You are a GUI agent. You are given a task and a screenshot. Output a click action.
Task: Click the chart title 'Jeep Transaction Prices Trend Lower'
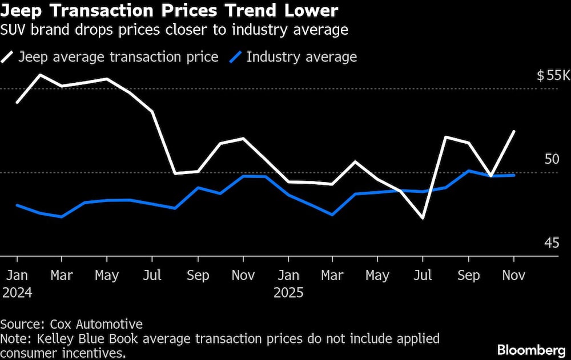click(x=169, y=10)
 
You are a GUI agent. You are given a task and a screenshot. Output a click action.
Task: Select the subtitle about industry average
click(x=174, y=30)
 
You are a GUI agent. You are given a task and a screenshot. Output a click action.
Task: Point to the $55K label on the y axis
click(x=553, y=76)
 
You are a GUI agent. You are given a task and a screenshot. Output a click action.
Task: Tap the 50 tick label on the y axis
click(x=551, y=159)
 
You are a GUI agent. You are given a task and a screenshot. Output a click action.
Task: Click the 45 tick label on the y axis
click(x=551, y=244)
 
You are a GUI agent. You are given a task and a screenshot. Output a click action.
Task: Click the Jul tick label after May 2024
click(x=152, y=276)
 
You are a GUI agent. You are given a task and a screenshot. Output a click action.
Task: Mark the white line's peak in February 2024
click(x=39, y=75)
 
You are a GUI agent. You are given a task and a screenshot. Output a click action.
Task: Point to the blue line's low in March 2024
click(x=62, y=217)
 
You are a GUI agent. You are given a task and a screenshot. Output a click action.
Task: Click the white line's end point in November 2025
click(x=514, y=131)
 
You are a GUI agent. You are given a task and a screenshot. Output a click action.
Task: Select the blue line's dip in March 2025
click(x=332, y=215)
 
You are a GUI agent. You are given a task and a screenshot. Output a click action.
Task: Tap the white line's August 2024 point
click(x=175, y=173)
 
